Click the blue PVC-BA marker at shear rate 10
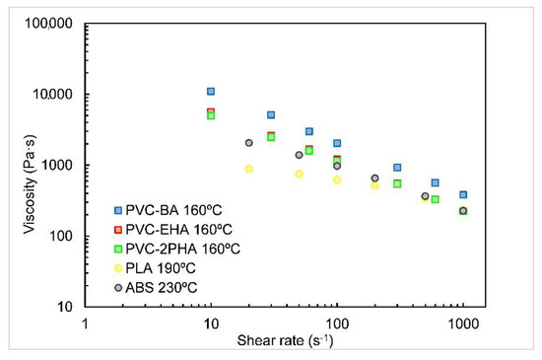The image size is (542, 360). [x=211, y=92]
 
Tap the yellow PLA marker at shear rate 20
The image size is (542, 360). [x=249, y=169]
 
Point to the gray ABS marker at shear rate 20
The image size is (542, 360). [x=249, y=143]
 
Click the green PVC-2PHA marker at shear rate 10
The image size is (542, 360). [x=211, y=115]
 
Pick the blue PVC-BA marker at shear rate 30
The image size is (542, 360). [x=271, y=115]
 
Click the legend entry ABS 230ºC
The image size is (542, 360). [x=167, y=286]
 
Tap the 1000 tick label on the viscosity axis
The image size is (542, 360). [x=63, y=166]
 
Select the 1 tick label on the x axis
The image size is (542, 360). [x=86, y=322]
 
